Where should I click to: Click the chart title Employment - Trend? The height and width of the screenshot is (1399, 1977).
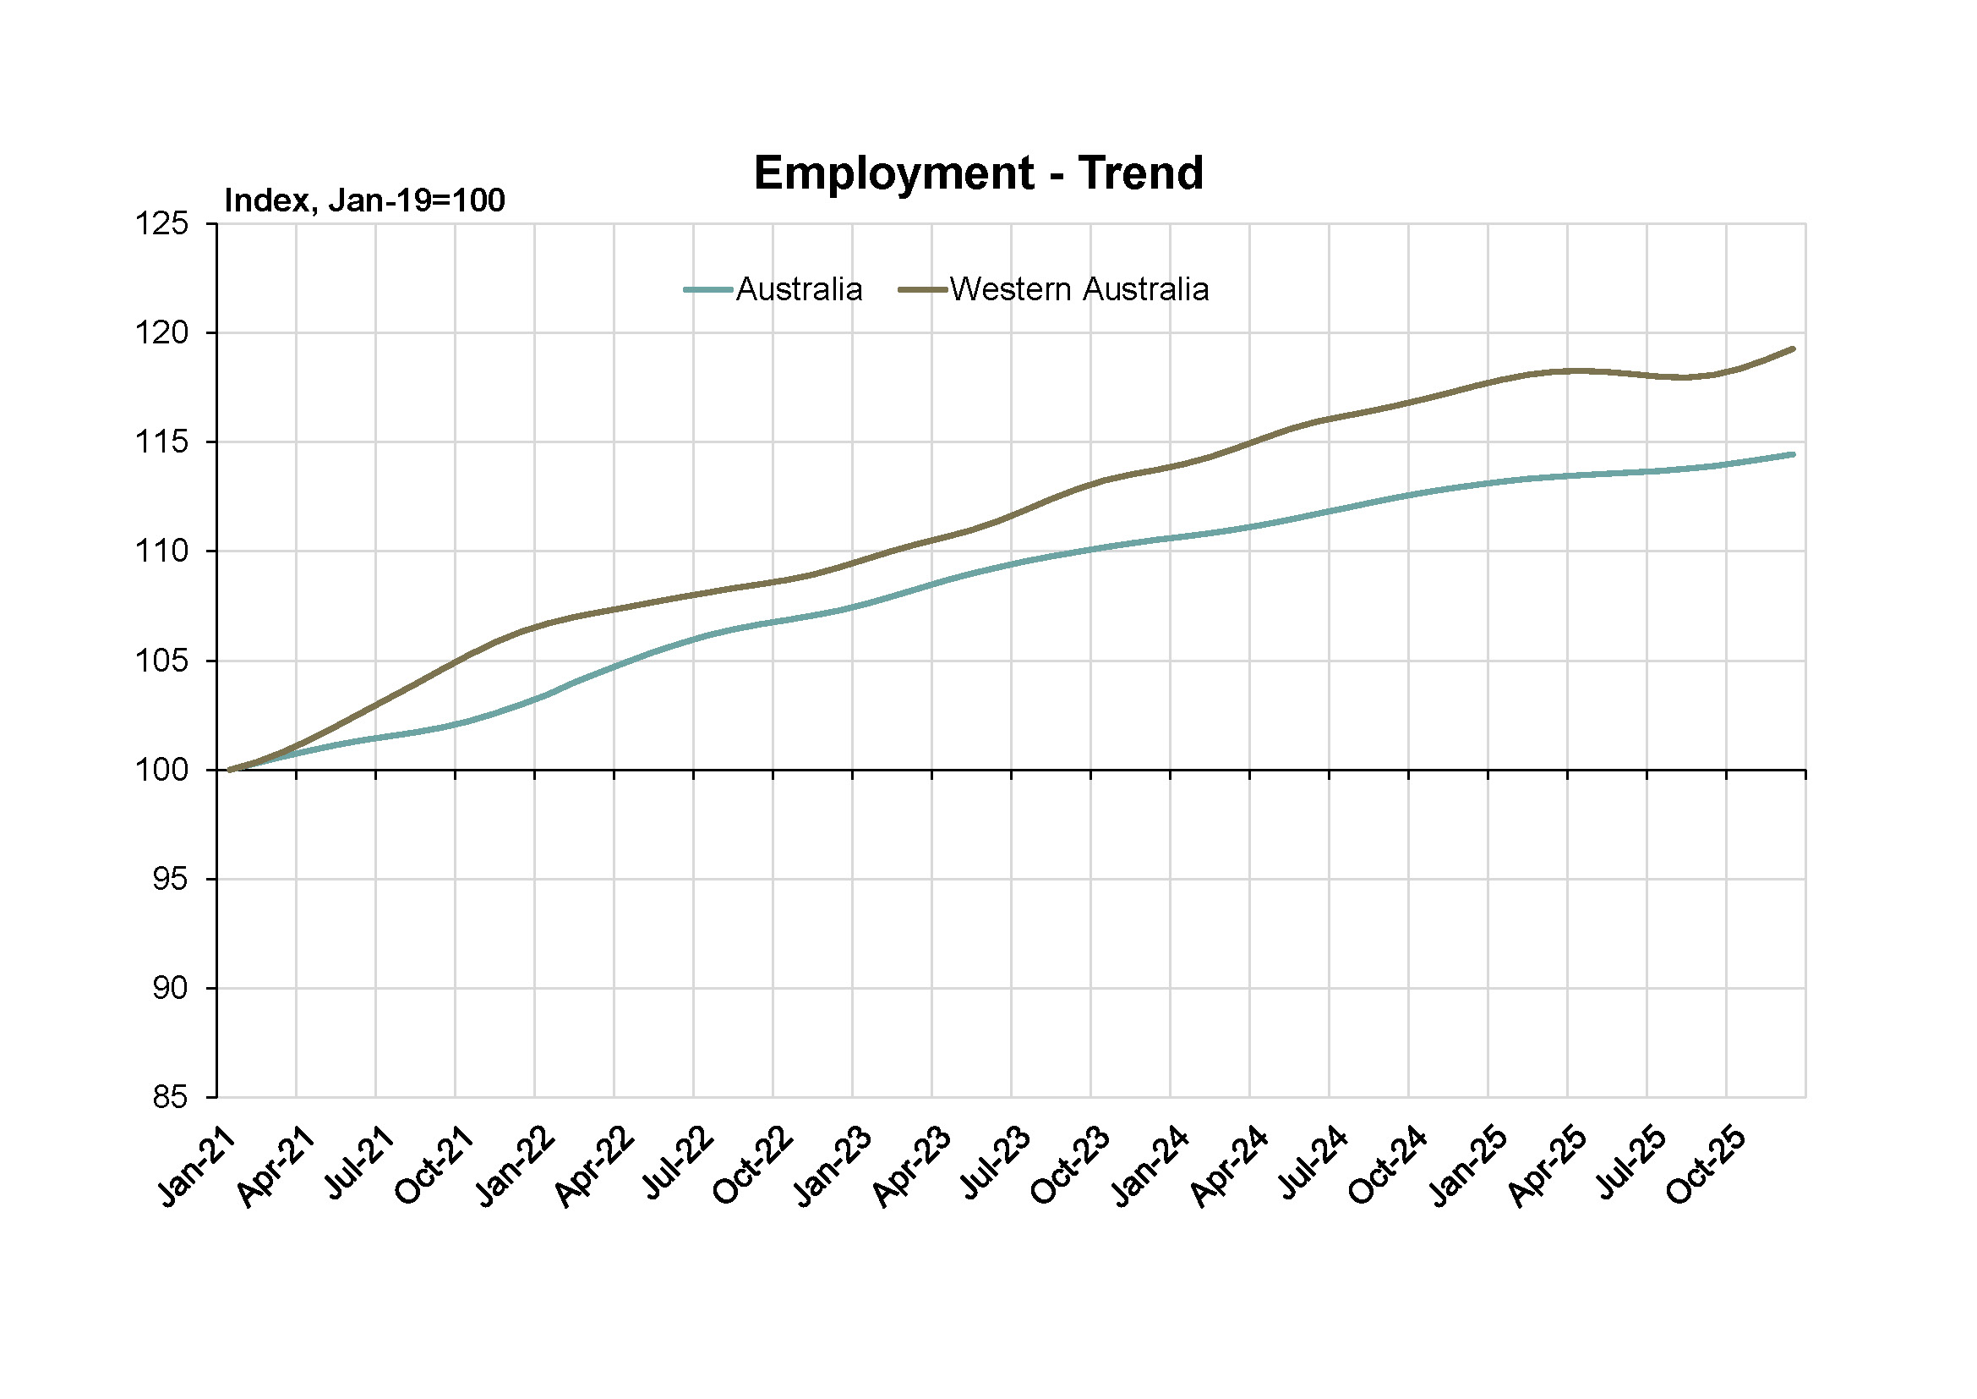(x=978, y=173)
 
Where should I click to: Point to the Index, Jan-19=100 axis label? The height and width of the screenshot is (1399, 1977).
(x=364, y=200)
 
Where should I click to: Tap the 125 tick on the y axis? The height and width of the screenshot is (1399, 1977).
(x=162, y=224)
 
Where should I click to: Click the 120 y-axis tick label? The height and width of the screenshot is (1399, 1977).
(x=162, y=333)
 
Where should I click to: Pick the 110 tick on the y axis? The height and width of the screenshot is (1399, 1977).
(x=162, y=551)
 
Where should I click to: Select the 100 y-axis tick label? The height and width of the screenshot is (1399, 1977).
(x=162, y=771)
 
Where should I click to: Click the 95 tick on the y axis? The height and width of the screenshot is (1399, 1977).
(x=170, y=880)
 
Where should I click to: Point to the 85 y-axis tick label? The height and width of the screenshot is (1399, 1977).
(x=170, y=1098)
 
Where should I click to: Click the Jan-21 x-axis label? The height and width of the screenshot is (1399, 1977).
(x=196, y=1167)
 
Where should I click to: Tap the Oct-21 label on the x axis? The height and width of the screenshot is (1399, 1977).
(x=434, y=1167)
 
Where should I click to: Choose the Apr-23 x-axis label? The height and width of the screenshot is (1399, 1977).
(x=912, y=1167)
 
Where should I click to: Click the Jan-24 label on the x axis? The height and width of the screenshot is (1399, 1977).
(x=1150, y=1167)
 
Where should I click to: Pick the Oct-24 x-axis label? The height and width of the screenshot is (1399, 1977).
(x=1388, y=1167)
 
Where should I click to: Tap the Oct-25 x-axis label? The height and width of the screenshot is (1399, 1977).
(x=1706, y=1167)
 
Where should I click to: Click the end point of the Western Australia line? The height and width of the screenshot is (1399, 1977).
(x=1794, y=348)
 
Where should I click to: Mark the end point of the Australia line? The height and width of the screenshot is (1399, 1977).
(x=1794, y=454)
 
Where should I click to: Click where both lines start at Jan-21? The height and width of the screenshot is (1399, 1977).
(x=230, y=771)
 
